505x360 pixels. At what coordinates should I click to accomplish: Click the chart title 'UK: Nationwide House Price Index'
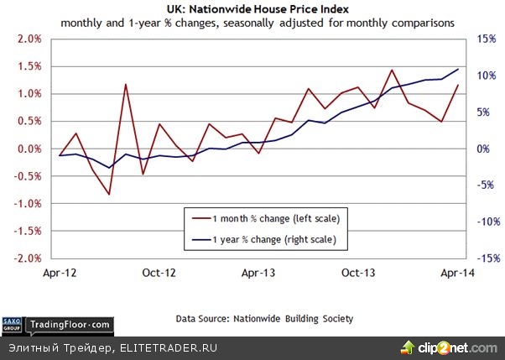click(252, 8)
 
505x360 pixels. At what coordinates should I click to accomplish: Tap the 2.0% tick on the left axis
click(29, 39)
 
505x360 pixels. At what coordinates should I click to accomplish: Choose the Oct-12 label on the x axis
click(159, 273)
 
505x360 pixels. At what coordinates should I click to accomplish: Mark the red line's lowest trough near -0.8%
click(109, 195)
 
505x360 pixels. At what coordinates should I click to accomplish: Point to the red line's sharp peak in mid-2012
click(125, 84)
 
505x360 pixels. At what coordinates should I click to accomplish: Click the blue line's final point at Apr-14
click(458, 69)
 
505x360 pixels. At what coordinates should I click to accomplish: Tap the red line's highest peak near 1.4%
click(392, 70)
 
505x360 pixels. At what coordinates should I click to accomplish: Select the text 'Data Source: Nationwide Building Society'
click(264, 319)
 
